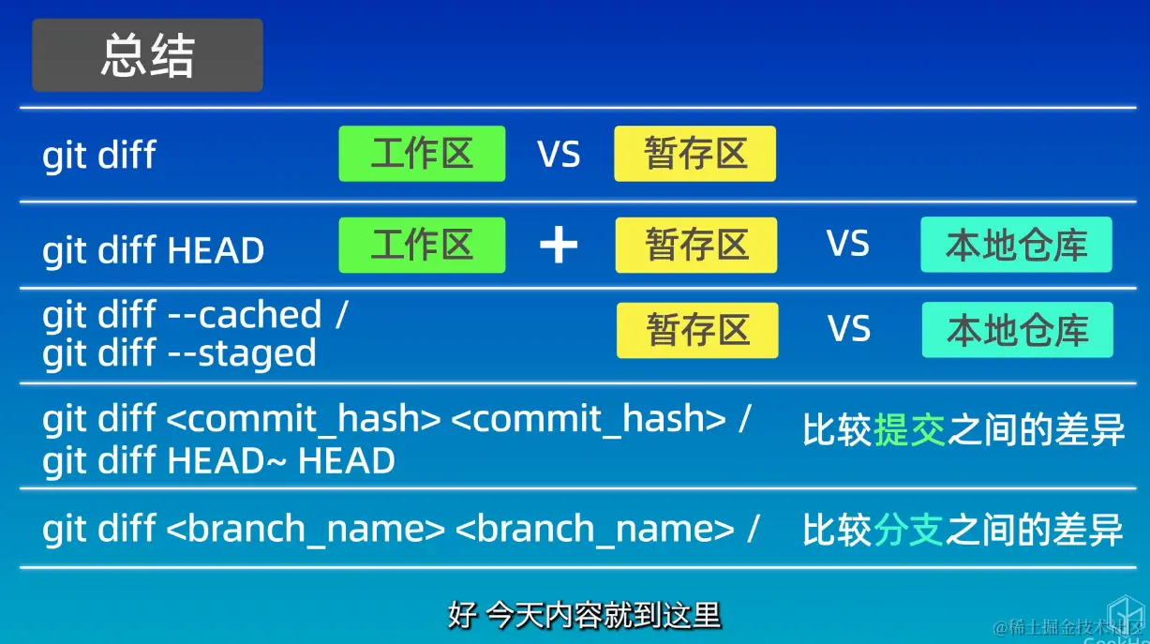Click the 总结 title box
pos(147,55)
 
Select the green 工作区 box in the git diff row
pos(422,154)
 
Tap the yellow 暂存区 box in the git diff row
pos(695,154)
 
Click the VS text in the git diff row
pos(559,155)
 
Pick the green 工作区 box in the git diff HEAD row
pos(422,245)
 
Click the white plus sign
pos(559,245)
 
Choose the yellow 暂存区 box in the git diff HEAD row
pos(696,245)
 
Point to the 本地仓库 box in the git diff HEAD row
pos(1017,245)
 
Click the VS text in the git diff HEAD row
pos(848,244)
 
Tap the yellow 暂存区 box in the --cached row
pos(697,330)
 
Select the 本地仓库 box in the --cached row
pos(1018,330)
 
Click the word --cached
pos(245,314)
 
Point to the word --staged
pos(242,353)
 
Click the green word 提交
pos(910,429)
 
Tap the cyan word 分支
pos(909,530)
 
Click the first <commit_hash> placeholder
pos(304,419)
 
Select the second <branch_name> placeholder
pos(594,529)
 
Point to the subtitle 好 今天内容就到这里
pos(585,615)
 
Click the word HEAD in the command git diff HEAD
pos(216,250)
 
